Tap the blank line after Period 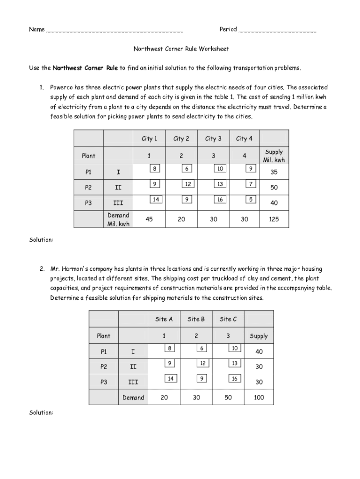(x=277, y=31)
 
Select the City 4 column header (x=244, y=138)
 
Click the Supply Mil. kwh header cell (x=274, y=156)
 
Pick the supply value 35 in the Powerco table (x=274, y=172)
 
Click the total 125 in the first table (x=274, y=219)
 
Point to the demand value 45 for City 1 (x=149, y=219)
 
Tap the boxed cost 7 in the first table (x=251, y=184)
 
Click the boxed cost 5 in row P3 (x=251, y=200)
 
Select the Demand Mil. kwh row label (x=118, y=219)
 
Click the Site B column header (x=196, y=319)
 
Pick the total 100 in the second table (x=259, y=397)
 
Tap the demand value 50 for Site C (x=228, y=397)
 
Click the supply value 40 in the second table (x=259, y=351)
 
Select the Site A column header (x=164, y=319)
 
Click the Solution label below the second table (x=41, y=413)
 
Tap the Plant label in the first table (x=88, y=156)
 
